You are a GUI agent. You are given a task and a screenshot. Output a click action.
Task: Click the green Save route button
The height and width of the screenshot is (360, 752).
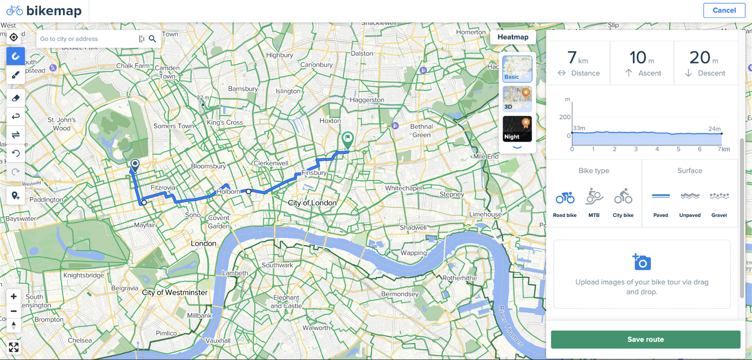point(645,339)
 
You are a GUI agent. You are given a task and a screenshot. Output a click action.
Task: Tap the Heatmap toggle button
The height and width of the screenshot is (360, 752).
point(513,37)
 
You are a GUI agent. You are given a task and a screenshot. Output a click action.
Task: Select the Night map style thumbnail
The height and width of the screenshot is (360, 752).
point(517,129)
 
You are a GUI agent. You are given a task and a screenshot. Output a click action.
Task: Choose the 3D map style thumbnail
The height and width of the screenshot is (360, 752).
point(517,99)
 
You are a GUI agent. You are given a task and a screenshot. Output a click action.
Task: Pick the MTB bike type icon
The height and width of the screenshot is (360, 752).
point(594,196)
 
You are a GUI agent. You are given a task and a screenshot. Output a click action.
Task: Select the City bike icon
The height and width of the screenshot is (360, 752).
point(623,196)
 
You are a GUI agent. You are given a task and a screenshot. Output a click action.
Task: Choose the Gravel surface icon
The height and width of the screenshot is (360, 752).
point(719,196)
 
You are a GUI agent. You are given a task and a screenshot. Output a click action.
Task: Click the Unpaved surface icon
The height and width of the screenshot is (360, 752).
point(690,196)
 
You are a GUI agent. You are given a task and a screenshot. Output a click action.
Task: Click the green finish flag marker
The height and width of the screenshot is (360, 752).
point(347,139)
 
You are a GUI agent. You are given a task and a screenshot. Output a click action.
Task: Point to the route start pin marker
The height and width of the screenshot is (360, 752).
point(135,165)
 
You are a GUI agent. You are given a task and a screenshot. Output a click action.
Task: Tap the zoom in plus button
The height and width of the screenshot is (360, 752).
point(14,297)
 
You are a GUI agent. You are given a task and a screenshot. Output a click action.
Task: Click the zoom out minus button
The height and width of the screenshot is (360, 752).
point(14,311)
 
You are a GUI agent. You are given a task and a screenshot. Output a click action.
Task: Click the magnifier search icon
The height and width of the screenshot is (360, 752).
point(152,39)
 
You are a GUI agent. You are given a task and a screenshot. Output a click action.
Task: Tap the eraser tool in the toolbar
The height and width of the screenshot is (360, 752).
point(16,98)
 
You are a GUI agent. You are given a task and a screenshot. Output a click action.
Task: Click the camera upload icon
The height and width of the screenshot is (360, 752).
point(642,262)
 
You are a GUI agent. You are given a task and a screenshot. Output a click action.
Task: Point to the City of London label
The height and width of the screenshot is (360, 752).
point(312,203)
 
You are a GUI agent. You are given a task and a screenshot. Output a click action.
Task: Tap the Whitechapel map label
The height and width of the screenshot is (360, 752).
point(403,188)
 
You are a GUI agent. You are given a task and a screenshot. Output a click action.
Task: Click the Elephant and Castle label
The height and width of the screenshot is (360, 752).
point(286,302)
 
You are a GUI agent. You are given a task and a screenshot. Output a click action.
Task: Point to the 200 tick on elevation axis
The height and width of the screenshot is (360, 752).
point(565,117)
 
